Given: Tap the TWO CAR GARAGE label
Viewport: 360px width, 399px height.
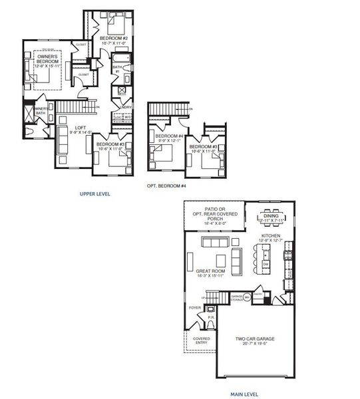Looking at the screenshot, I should pos(255,339).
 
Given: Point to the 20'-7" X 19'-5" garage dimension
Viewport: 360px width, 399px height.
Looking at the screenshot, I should pos(255,345).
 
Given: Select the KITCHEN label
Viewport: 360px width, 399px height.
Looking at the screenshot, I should pos(270,235).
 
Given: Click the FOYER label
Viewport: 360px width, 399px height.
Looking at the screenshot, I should pos(194,308).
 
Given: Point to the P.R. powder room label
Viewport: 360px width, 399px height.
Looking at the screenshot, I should pos(210,318).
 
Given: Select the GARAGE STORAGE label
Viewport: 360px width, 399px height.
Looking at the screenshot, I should pos(238,297).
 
